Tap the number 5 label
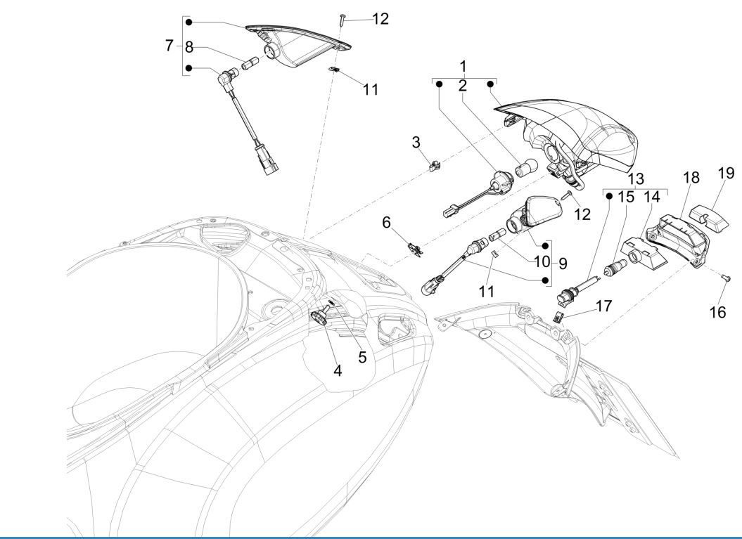(x=362, y=357)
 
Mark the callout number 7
(x=169, y=46)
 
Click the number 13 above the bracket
(x=636, y=179)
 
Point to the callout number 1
(x=463, y=66)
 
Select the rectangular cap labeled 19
(x=708, y=211)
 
